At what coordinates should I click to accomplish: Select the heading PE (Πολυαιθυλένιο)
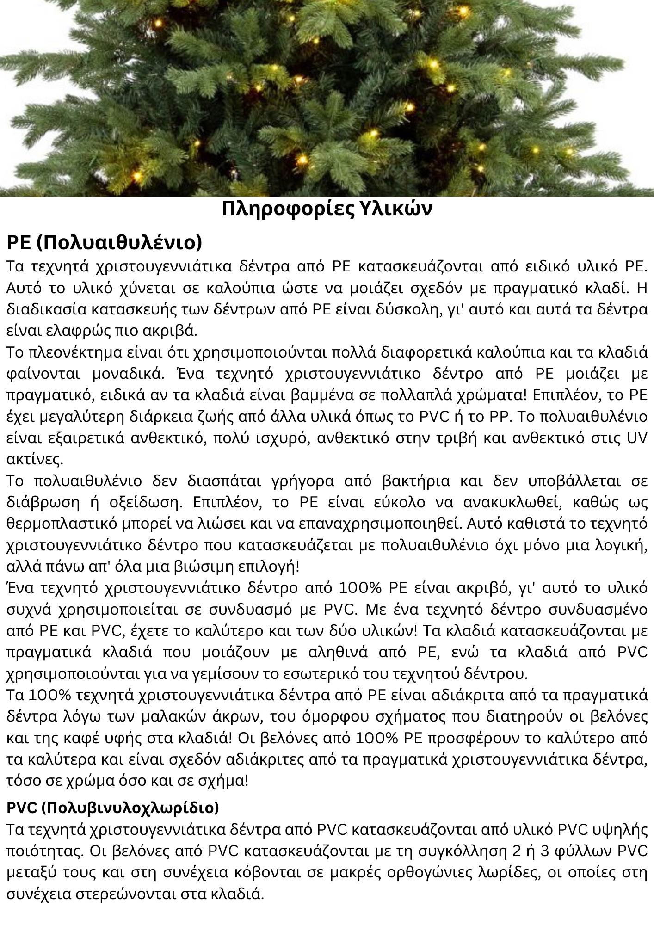105,242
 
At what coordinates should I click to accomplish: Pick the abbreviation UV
637,438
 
